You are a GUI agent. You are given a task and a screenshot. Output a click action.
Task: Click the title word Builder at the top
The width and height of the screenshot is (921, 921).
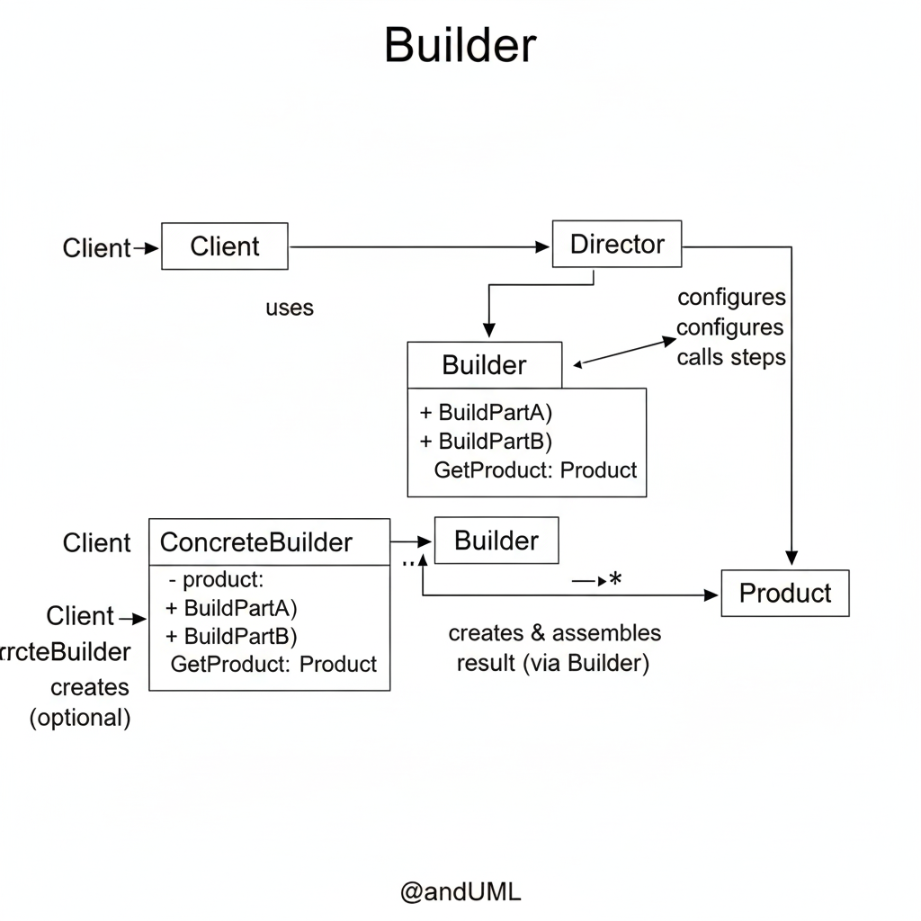click(x=460, y=45)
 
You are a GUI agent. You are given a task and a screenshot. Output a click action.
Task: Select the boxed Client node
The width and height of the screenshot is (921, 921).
click(x=225, y=246)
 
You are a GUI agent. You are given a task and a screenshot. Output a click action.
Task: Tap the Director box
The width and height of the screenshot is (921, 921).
click(x=617, y=244)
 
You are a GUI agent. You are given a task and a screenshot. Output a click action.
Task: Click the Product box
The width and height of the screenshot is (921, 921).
click(x=785, y=593)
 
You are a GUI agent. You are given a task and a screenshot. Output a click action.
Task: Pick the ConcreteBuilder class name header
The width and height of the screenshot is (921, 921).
click(x=256, y=542)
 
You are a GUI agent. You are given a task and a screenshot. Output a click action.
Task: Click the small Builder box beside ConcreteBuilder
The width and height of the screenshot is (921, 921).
click(x=496, y=541)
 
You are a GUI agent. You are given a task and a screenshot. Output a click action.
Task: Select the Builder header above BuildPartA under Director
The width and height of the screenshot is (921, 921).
click(x=484, y=365)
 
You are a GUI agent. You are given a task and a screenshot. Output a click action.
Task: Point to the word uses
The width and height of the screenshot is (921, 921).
click(x=290, y=308)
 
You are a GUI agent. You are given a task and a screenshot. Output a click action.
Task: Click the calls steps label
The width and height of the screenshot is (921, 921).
click(x=730, y=357)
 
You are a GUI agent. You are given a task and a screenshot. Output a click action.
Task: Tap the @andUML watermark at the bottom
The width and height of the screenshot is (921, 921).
click(x=460, y=892)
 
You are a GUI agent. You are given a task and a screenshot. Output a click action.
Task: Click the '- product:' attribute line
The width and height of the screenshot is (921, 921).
click(x=220, y=580)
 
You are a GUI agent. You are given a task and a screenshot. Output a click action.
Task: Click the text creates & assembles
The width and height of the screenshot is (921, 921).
click(x=554, y=633)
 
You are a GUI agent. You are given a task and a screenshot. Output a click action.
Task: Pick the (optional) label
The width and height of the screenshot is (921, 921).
click(x=80, y=718)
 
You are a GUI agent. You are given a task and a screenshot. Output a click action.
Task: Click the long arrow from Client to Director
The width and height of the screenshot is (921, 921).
click(x=418, y=246)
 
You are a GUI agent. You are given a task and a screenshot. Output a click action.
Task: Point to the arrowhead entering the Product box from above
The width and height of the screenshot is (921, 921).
click(x=791, y=558)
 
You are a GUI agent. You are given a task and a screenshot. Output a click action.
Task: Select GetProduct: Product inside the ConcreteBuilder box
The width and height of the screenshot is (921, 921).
click(x=273, y=665)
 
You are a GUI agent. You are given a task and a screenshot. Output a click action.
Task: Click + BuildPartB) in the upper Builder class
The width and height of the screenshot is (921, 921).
click(x=486, y=442)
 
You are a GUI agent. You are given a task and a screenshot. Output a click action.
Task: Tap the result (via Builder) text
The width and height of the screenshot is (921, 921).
click(x=552, y=665)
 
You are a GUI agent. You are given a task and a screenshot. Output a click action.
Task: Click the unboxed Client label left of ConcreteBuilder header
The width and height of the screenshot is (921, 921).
click(x=96, y=543)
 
